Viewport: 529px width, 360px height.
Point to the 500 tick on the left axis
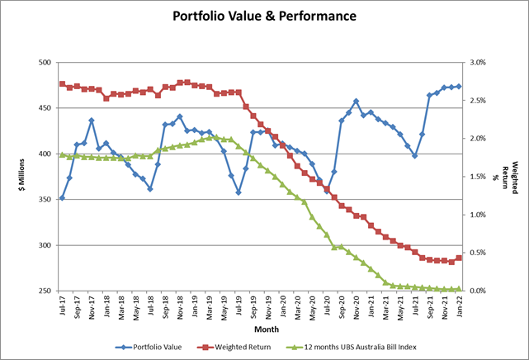tap(44, 63)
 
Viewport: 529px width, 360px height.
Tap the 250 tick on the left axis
tap(44, 291)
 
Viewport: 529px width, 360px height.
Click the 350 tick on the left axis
tap(44, 200)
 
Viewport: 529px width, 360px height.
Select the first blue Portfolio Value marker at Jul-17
tap(63, 198)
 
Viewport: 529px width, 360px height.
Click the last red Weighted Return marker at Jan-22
tap(459, 258)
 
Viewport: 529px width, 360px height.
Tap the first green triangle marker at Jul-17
tap(63, 154)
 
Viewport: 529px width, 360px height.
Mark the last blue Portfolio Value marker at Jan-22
tap(459, 86)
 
